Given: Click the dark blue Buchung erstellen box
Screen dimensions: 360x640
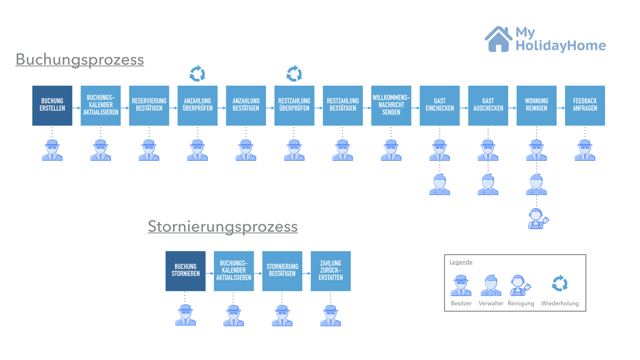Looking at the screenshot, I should coord(52,105).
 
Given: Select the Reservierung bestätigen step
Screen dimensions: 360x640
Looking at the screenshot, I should coord(149,105).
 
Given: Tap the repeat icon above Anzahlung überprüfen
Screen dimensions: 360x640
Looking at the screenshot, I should coord(197,73).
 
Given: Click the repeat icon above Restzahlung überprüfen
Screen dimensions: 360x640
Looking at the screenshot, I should coord(294,73).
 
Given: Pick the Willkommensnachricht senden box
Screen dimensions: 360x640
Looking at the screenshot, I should coord(391,105).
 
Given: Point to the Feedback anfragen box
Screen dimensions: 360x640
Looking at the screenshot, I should coord(585,105).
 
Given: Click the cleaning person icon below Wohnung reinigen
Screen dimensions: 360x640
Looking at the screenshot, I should coord(538,219).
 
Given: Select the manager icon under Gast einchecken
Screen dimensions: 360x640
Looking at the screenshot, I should coord(440,184).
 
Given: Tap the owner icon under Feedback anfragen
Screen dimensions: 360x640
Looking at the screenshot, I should coord(585,150).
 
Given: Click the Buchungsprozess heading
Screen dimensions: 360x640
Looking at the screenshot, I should coord(80,60).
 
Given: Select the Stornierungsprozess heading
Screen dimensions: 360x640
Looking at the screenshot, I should coord(223,227).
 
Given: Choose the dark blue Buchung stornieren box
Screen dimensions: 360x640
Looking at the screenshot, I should coord(185,271).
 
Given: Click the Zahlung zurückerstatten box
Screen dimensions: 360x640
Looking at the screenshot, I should coord(330,271).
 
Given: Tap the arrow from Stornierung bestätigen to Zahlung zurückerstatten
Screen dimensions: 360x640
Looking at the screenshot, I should coord(306,273).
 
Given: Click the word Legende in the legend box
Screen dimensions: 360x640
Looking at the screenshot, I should coord(461,262).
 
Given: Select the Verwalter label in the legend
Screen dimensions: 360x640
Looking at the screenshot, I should coord(491,303).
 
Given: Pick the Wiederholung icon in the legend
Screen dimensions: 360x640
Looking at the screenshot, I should coord(560,283).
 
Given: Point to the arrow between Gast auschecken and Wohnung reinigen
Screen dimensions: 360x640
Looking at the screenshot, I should coord(512,108).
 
